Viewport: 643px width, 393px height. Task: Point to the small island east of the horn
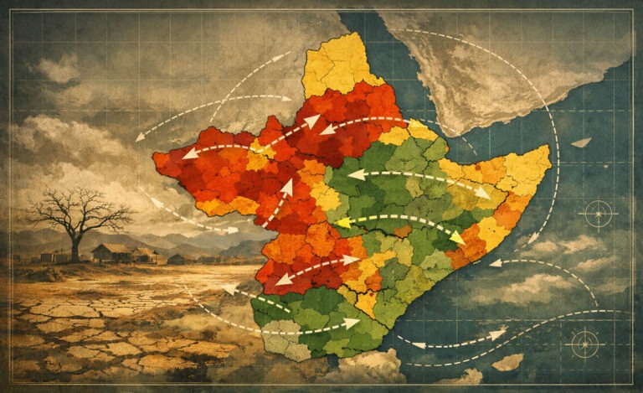[580, 142]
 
